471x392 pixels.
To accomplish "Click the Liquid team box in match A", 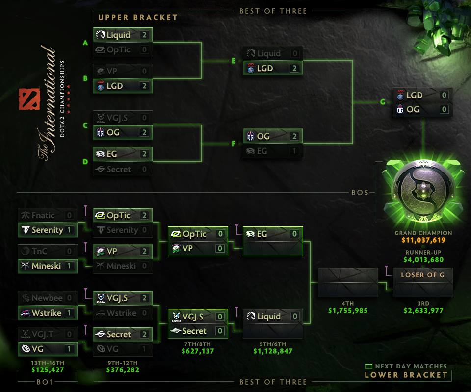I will coord(123,35).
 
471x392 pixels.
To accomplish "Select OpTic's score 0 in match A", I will coord(144,50).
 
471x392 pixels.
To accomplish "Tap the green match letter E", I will coord(234,61).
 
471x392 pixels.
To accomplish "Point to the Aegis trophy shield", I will coord(423,191).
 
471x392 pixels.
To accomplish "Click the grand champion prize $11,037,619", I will coord(423,241).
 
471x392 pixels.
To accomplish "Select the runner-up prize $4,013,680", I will coord(423,260).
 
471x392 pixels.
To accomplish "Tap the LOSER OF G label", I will coord(422,275).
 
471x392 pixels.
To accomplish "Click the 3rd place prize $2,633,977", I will coord(422,310).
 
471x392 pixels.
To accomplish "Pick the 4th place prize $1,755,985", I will coord(348,310).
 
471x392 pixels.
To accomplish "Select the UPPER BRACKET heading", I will coord(138,17).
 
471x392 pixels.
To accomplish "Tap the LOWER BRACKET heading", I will coord(406,375).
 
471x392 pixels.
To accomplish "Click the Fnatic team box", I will coord(48,215).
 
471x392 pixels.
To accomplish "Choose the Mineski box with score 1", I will coord(48,266).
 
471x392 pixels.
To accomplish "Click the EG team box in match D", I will coord(123,154).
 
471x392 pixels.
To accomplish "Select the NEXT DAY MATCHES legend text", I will coord(411,366).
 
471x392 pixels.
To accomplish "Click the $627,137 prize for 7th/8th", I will coord(198,351).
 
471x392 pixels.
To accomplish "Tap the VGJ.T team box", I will coord(48,334).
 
